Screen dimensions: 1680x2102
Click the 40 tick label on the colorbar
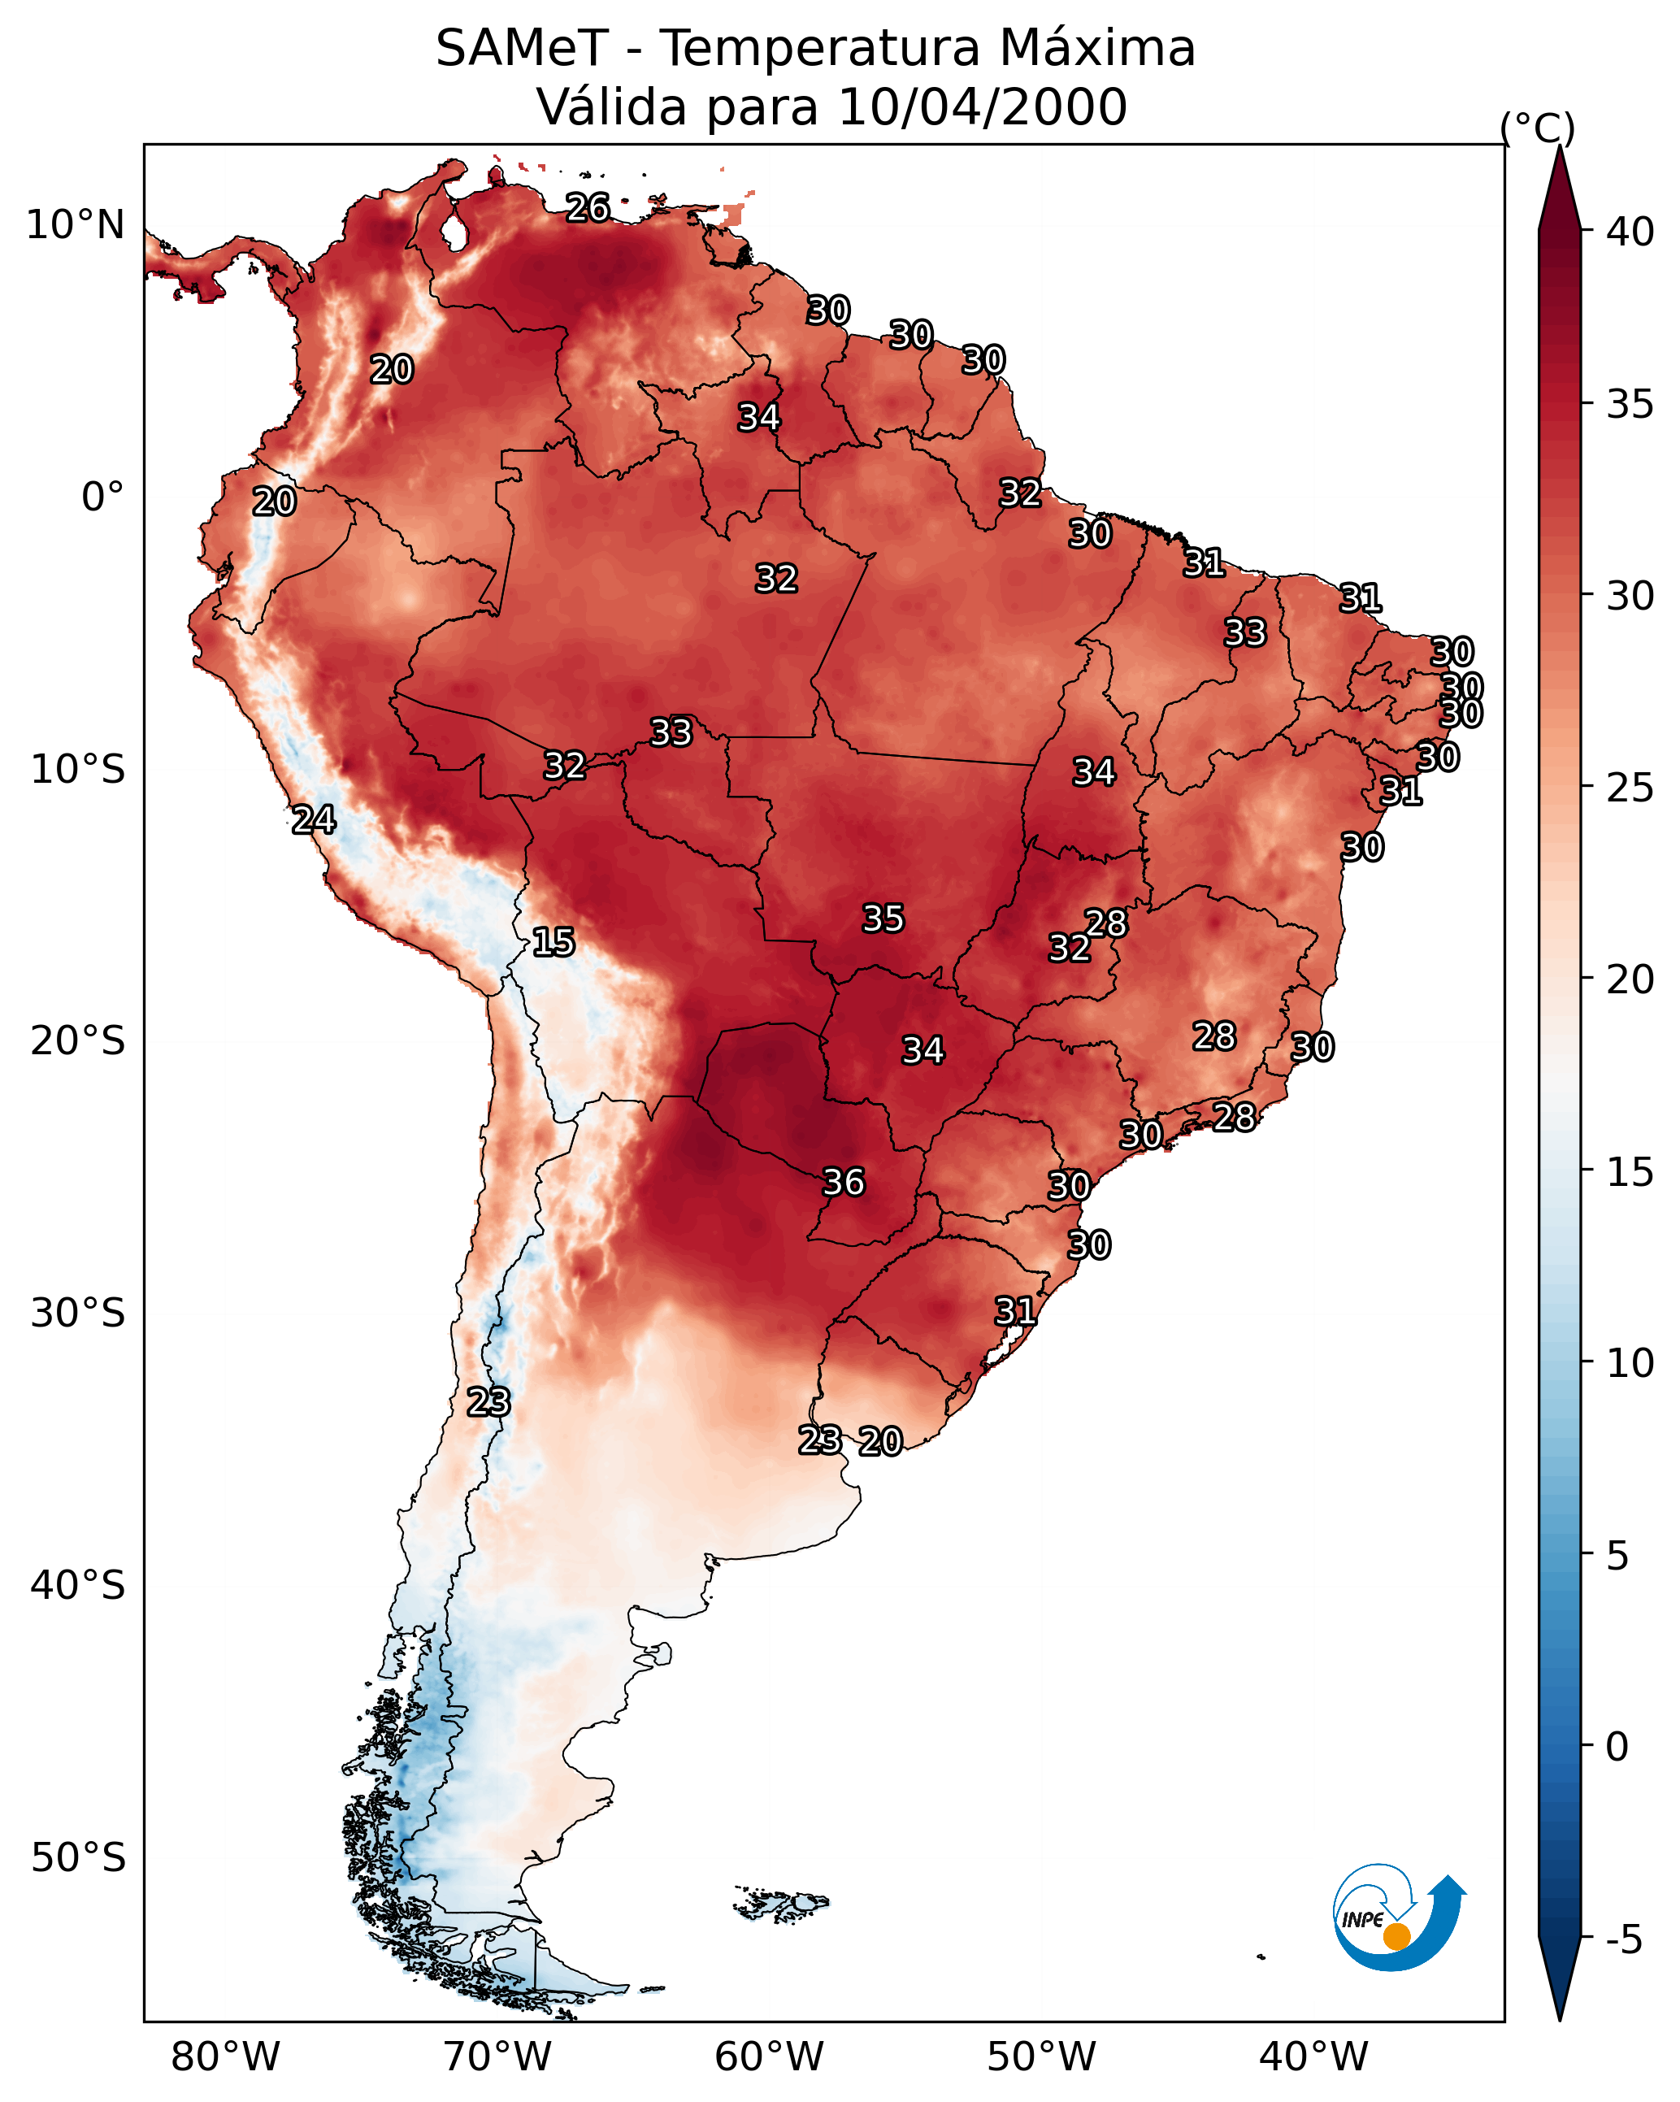click(1630, 232)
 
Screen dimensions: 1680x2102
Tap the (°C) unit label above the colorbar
click(1538, 127)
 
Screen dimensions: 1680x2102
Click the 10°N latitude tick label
click(75, 225)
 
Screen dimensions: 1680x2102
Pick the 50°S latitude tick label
click(78, 1858)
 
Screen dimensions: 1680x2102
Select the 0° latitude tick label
click(103, 497)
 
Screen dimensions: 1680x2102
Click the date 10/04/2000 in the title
click(982, 107)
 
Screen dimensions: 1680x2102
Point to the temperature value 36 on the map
click(844, 1182)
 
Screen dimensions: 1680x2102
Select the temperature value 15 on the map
click(553, 942)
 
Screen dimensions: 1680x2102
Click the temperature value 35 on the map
click(883, 918)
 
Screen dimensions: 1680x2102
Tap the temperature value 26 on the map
click(588, 207)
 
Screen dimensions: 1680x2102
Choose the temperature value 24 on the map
click(313, 820)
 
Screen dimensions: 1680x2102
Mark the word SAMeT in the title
click(522, 48)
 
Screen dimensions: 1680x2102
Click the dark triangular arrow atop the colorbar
click(1559, 187)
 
